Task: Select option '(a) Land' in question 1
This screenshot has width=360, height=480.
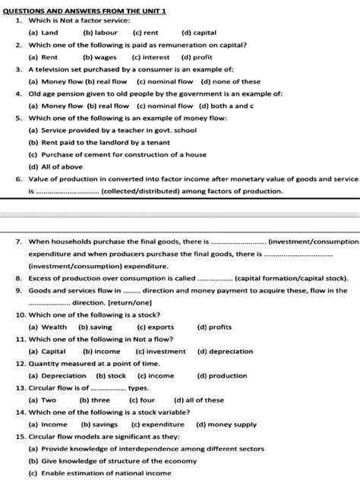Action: tap(43, 33)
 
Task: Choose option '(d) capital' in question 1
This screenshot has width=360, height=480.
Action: tap(199, 33)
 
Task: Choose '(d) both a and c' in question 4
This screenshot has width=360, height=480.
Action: tap(229, 106)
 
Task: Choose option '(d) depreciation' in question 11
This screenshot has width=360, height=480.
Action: tap(226, 352)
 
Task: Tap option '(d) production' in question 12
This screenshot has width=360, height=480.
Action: tap(222, 376)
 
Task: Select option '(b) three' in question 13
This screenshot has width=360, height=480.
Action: tap(95, 400)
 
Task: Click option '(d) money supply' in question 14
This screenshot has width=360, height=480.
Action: tap(226, 425)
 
